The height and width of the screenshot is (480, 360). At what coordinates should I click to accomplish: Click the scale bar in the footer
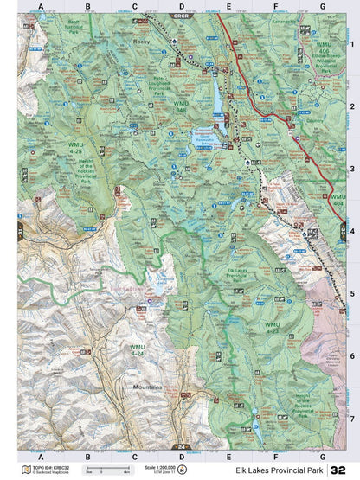[x=100, y=472]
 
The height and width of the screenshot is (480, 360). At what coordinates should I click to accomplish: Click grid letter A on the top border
[x=41, y=6]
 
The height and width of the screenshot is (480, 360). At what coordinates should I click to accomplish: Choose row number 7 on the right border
[x=351, y=417]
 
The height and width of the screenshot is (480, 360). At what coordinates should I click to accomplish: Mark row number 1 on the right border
[x=351, y=44]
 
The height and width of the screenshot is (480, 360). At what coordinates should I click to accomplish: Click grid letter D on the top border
[x=181, y=6]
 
